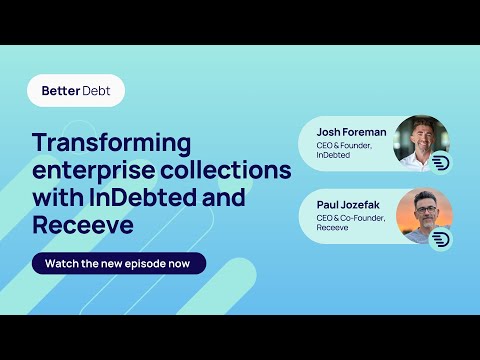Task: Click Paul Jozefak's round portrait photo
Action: pos(423,216)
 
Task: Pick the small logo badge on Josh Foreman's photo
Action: pos(441,163)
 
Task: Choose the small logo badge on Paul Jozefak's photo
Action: pos(441,238)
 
